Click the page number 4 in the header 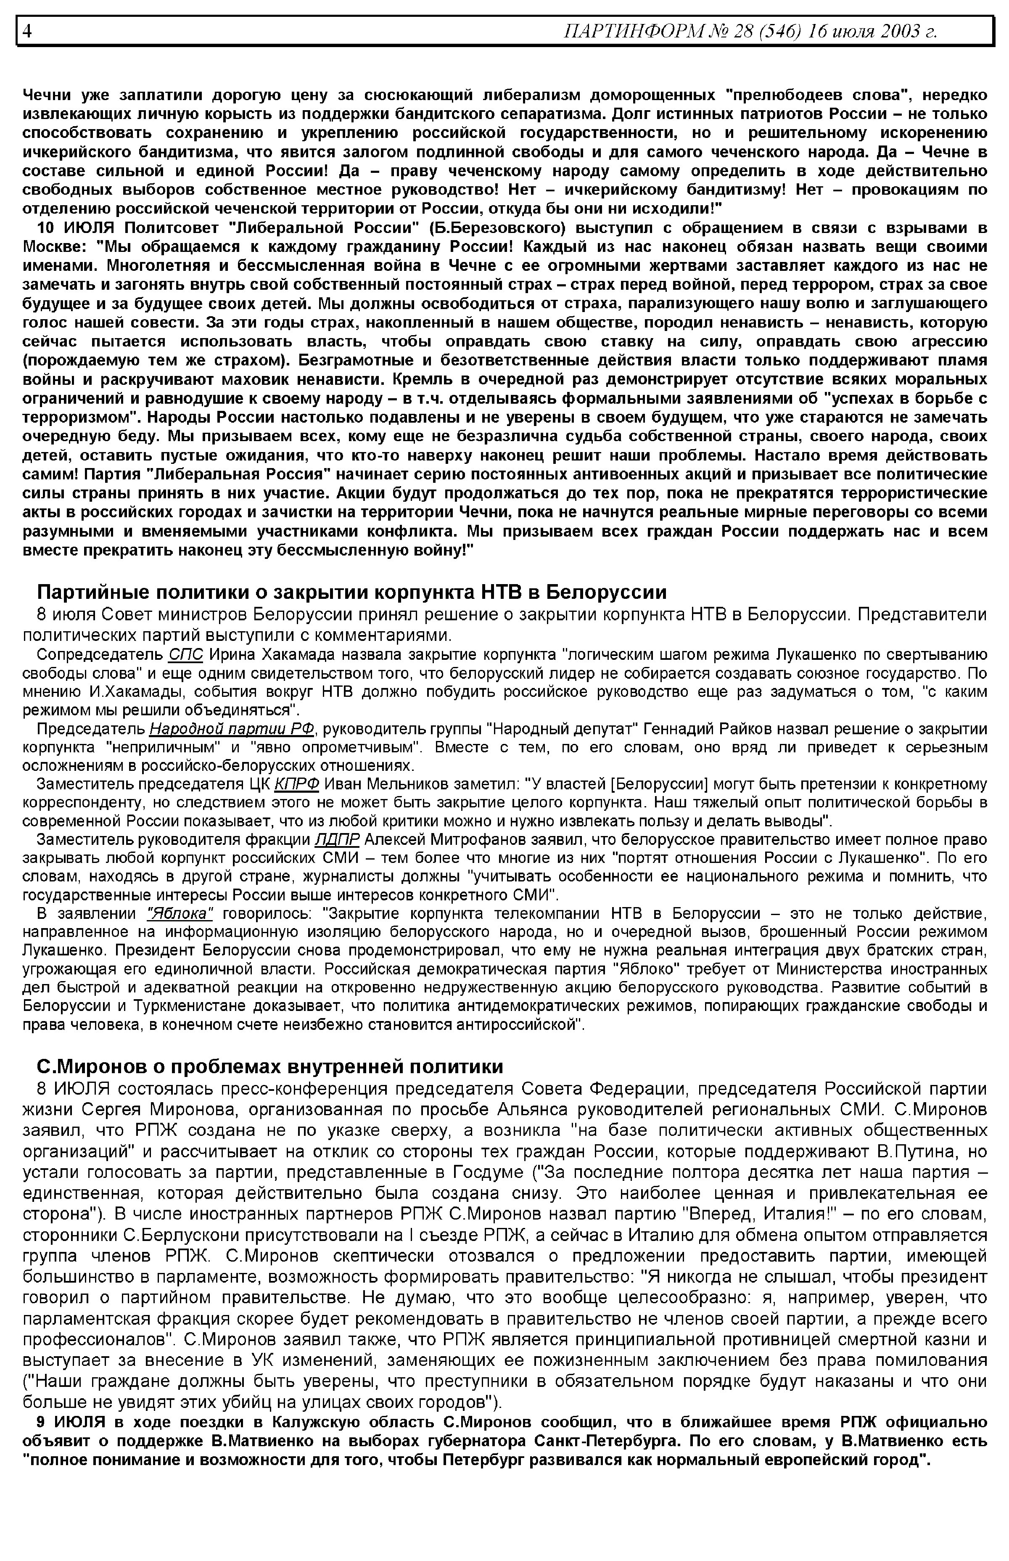pos(27,31)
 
